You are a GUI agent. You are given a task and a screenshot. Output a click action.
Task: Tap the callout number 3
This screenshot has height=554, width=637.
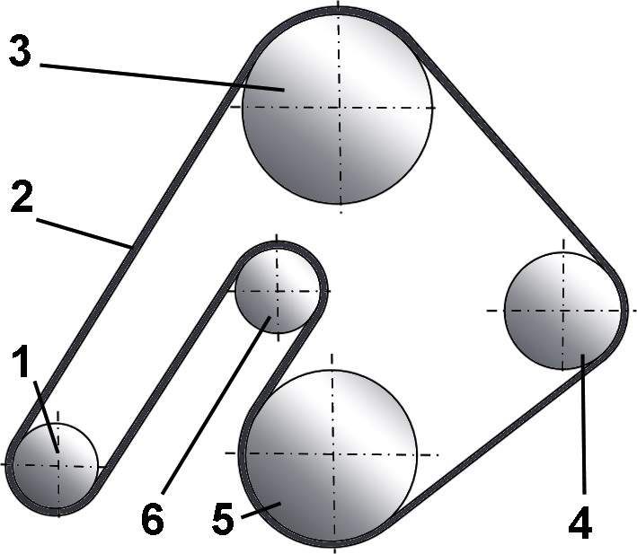20,49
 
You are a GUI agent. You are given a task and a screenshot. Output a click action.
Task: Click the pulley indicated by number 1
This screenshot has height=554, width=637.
56,465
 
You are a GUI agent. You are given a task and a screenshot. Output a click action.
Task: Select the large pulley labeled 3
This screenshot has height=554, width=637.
337,109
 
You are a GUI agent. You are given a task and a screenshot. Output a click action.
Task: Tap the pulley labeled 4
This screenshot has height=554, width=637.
562,311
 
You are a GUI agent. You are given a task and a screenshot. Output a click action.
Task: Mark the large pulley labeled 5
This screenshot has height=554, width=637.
332,454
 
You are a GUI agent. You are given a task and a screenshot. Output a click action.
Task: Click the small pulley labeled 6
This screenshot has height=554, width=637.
277,291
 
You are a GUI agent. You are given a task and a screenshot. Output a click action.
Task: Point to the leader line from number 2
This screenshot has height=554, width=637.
84,233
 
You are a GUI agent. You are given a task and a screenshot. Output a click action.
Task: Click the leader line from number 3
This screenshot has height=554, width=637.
162,77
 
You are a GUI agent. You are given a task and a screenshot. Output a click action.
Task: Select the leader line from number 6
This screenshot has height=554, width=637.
216,406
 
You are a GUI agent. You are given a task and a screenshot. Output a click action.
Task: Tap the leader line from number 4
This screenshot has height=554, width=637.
584,424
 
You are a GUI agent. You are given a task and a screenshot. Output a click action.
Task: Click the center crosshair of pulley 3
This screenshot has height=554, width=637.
340,108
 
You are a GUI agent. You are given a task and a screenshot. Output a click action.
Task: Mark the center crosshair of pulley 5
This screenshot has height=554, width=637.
333,453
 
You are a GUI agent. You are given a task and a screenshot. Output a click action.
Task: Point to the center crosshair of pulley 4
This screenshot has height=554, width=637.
562,311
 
